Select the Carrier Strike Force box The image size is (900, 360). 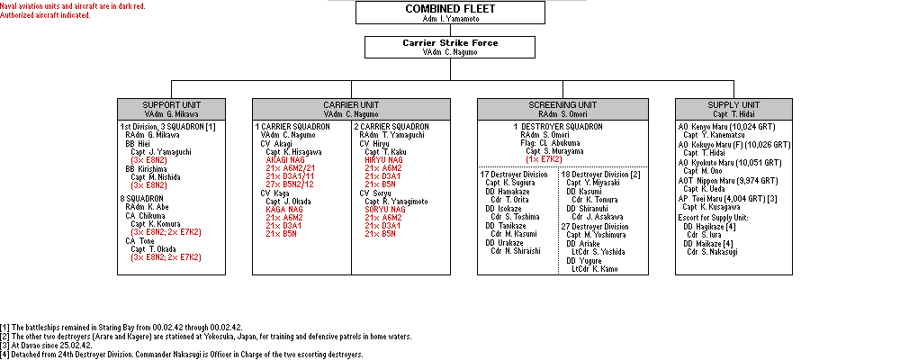click(450, 47)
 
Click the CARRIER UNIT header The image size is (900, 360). click(351, 108)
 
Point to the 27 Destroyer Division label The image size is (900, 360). click(596, 227)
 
